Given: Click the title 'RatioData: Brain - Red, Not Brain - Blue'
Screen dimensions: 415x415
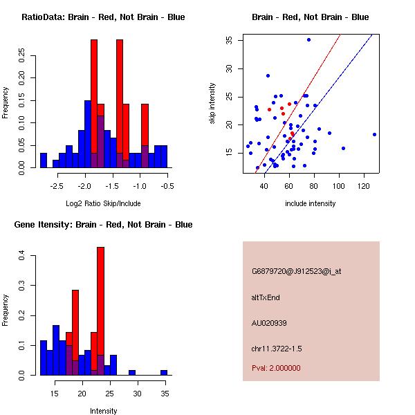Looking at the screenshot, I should [103, 17].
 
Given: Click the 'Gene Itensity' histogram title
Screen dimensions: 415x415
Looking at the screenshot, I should [103, 225].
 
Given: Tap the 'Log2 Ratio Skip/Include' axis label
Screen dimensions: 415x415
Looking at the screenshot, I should [103, 203].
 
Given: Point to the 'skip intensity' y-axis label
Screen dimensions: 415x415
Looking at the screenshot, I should [213, 104].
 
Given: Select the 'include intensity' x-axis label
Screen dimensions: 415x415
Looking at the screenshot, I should [311, 203].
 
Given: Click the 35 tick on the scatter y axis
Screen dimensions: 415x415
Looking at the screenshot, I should [228, 39].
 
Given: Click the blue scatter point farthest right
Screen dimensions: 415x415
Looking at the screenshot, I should [374, 134].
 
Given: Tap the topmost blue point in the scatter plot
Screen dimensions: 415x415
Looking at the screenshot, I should [309, 39].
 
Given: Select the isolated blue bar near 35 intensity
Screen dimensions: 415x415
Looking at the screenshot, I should [164, 372].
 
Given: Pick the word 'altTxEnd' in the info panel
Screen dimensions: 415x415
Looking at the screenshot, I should [266, 297].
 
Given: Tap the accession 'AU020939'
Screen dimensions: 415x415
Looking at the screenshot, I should [269, 323].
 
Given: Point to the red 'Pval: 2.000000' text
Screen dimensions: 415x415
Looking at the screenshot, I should [276, 368].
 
